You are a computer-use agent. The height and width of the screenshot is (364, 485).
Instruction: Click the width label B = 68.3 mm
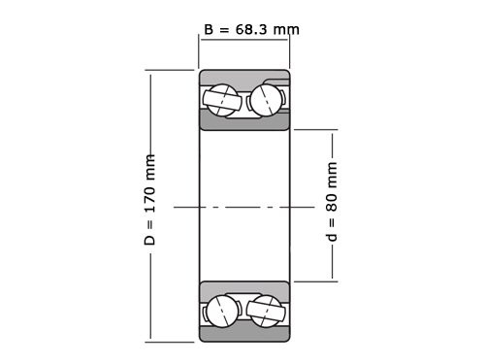[251, 29]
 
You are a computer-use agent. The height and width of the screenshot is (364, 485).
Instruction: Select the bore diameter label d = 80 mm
[332, 207]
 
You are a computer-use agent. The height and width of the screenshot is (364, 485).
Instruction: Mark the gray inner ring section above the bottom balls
[244, 289]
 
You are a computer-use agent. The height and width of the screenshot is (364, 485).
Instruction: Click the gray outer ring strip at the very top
[244, 75]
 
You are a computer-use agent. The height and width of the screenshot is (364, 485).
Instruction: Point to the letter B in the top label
[210, 29]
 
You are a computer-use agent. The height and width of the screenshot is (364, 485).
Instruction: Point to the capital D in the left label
[150, 238]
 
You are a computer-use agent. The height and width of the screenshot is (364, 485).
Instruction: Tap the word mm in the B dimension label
[286, 29]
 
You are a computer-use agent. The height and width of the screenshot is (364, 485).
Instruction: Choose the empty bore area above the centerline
[244, 165]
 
